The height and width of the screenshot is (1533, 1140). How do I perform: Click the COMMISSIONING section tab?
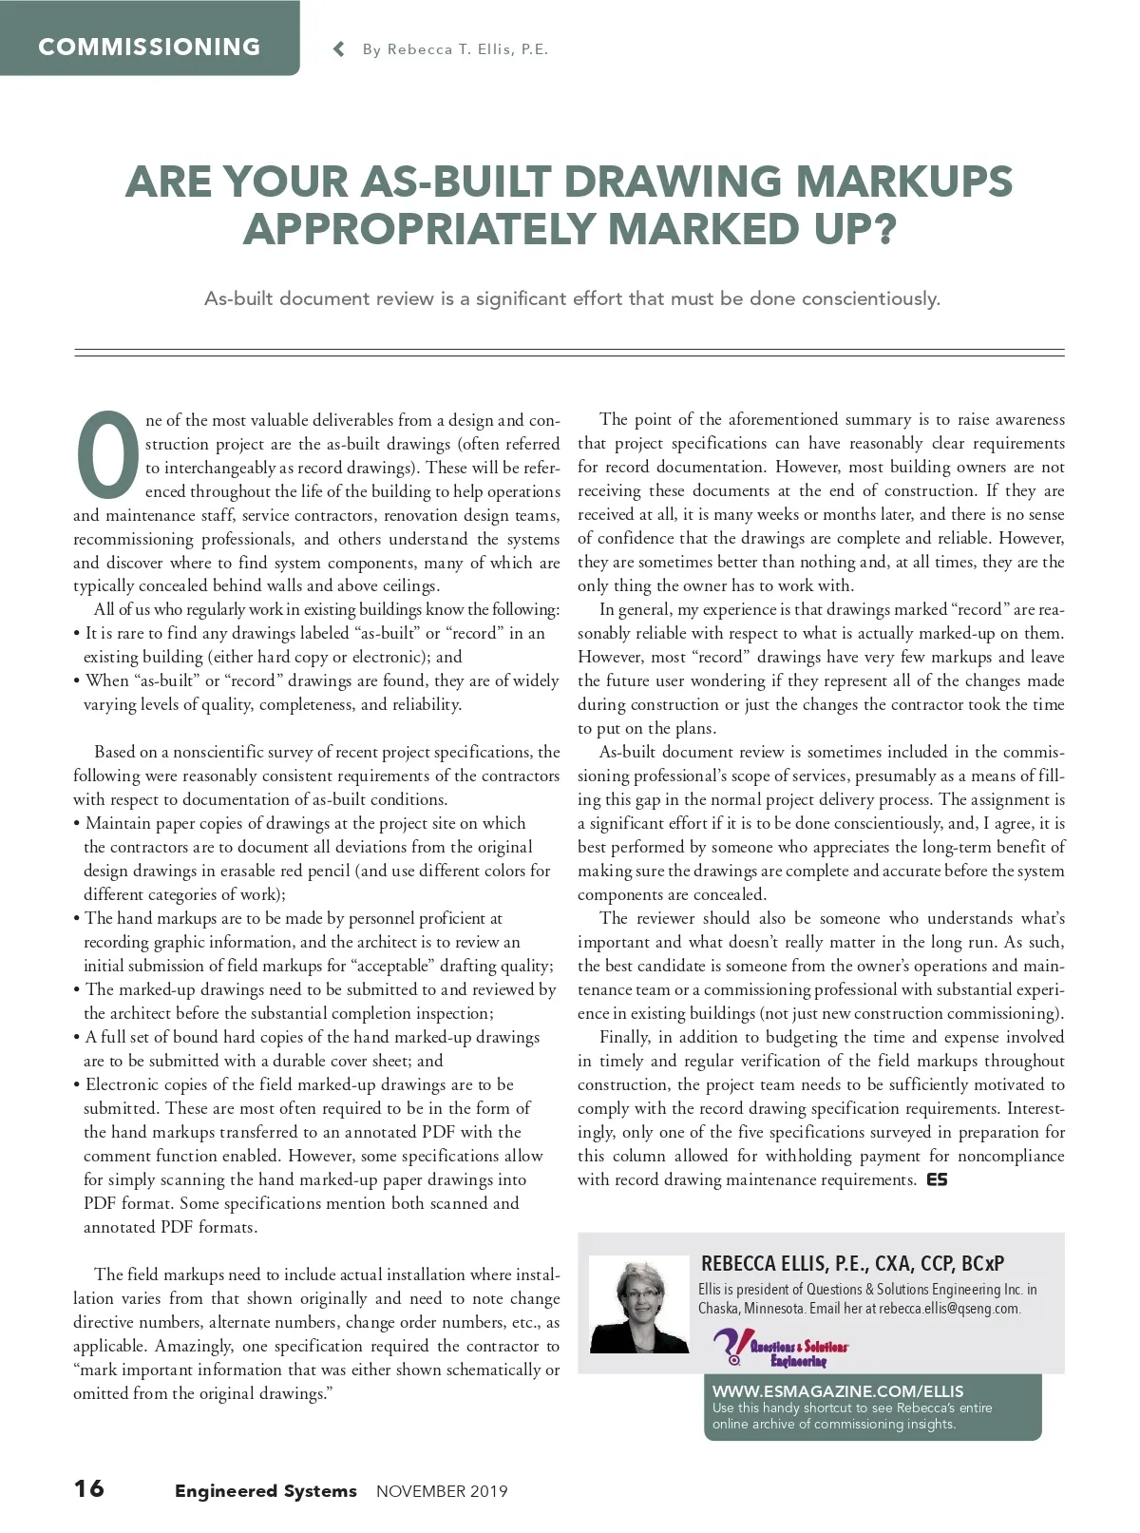[149, 47]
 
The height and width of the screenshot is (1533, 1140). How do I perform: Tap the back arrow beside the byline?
[339, 49]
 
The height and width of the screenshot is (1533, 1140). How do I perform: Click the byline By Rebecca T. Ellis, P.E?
[455, 49]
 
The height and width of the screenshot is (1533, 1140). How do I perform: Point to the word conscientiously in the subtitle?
[870, 298]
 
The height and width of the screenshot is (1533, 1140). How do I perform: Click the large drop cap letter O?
[107, 455]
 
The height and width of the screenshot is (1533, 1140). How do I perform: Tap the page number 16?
[89, 1488]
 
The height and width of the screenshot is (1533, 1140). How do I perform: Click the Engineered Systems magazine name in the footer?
[265, 1490]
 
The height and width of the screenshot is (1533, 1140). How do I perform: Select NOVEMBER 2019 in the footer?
[442, 1491]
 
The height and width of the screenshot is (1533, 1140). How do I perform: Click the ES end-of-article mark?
[937, 1179]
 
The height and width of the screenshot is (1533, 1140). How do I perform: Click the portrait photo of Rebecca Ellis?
[639, 1305]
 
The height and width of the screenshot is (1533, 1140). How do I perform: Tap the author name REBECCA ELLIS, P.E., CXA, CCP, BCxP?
[852, 1263]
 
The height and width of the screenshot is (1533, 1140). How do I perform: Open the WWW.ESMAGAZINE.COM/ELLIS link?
[838, 1390]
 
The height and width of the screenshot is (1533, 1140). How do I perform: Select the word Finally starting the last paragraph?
[625, 1037]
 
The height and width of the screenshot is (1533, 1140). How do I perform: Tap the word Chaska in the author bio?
[718, 1309]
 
